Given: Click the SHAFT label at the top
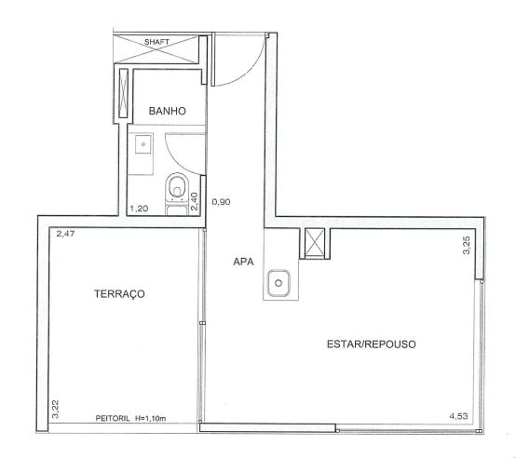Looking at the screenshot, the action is pyautogui.click(x=156, y=42).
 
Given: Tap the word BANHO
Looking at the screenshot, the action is pyautogui.click(x=167, y=111).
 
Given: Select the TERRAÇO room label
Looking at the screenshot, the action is pyautogui.click(x=119, y=293).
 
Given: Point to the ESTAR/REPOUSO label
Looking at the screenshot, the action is pyautogui.click(x=372, y=344).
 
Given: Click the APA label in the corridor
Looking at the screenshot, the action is pyautogui.click(x=243, y=262).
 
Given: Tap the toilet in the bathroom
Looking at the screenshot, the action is pyautogui.click(x=177, y=187).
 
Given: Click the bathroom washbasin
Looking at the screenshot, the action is pyautogui.click(x=143, y=143).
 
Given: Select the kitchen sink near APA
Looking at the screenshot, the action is pyautogui.click(x=278, y=283).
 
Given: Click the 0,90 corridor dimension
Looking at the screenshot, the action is pyautogui.click(x=221, y=202).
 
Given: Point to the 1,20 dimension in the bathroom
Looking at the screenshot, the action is pyautogui.click(x=139, y=209).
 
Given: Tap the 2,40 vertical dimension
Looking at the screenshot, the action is pyautogui.click(x=195, y=202).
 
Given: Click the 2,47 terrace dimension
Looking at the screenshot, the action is pyautogui.click(x=65, y=234).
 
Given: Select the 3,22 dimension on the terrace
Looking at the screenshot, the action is pyautogui.click(x=55, y=409).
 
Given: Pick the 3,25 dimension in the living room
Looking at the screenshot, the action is pyautogui.click(x=467, y=245).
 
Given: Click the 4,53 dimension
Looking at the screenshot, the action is pyautogui.click(x=458, y=416).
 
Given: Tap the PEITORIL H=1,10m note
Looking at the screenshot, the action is pyautogui.click(x=130, y=419).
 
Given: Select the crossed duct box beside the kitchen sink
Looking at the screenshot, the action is pyautogui.click(x=315, y=243).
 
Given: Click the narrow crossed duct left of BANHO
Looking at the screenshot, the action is pyautogui.click(x=123, y=93).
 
